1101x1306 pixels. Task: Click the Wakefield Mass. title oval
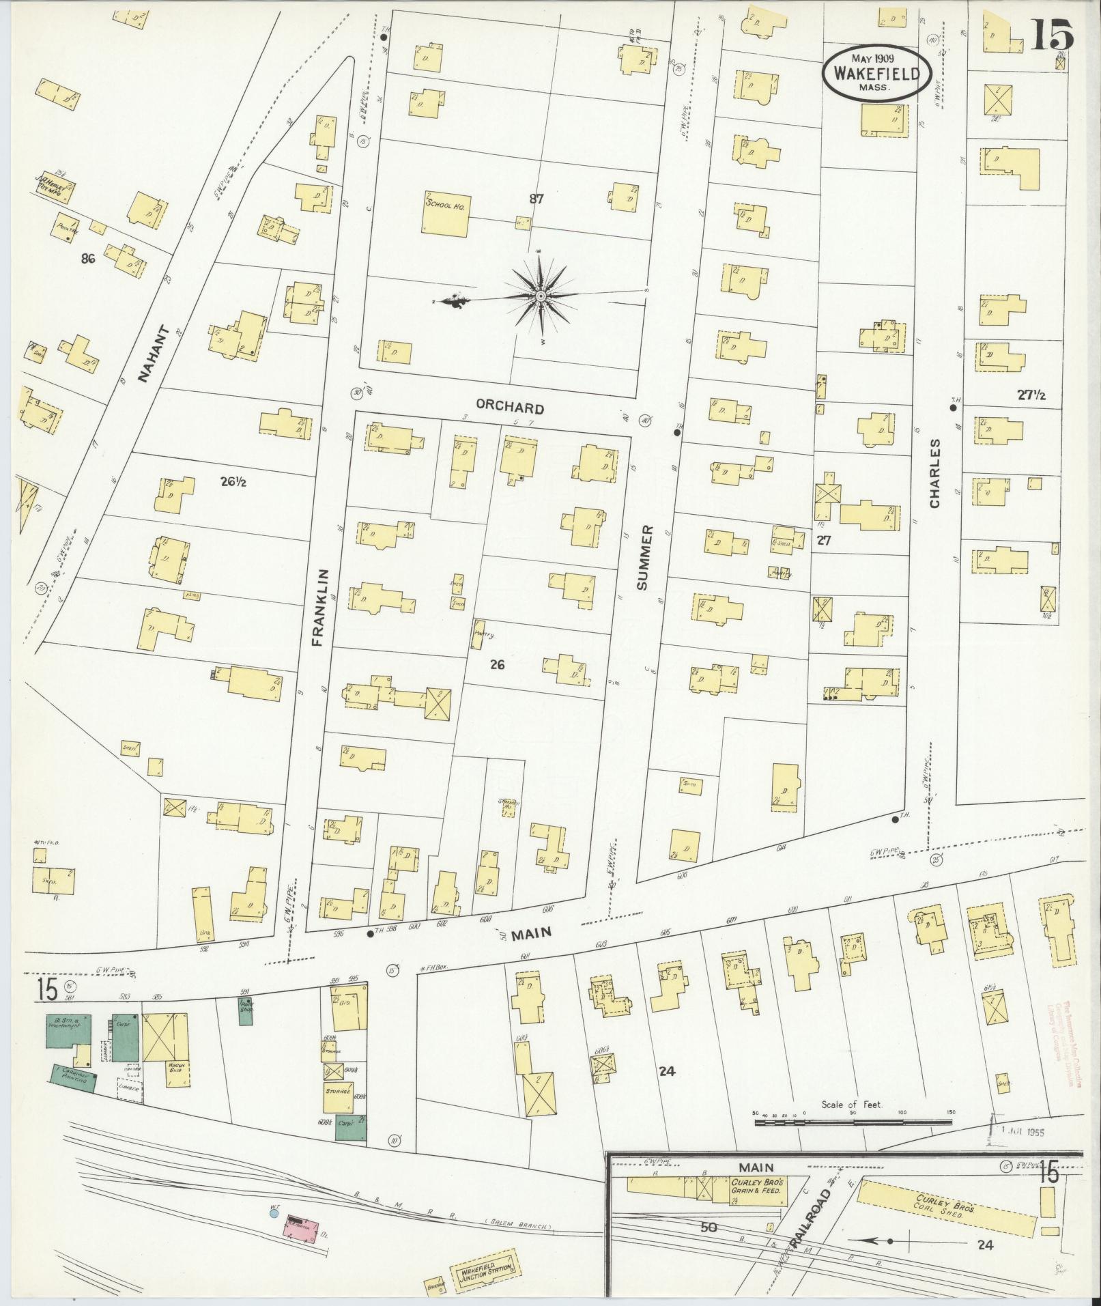click(876, 74)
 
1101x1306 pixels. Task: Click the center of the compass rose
click(540, 296)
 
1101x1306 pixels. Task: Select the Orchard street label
click(510, 408)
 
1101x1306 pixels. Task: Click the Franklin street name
click(325, 608)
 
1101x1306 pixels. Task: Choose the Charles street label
click(934, 473)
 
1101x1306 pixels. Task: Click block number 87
click(536, 199)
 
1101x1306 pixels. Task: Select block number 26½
click(233, 481)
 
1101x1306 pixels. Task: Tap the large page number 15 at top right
click(1052, 34)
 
